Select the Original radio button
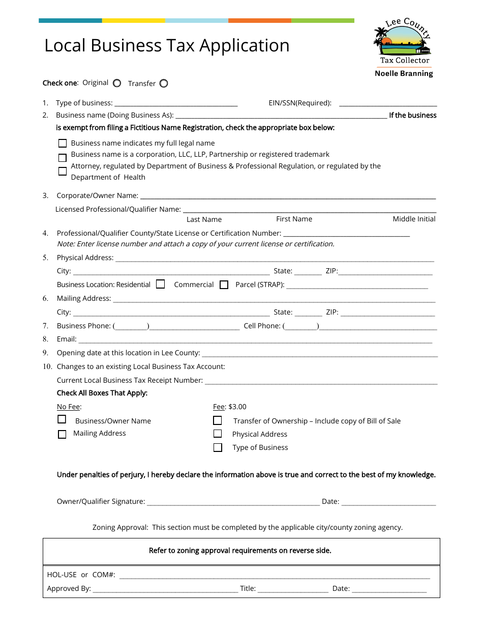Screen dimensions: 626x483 [x=117, y=83]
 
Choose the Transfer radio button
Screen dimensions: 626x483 [x=163, y=83]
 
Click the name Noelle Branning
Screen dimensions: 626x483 [x=404, y=73]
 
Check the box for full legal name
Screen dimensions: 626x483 [x=63, y=144]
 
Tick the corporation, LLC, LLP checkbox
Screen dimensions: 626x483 [x=63, y=158]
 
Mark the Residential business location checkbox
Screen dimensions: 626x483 [x=161, y=284]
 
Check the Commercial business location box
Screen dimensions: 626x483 [x=224, y=285]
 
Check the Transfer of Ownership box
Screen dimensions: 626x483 [x=218, y=420]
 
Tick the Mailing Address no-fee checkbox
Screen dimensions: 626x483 [x=62, y=434]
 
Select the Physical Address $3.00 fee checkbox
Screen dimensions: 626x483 [x=218, y=434]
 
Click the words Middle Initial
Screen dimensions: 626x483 [x=414, y=219]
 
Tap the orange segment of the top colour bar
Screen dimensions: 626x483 [x=259, y=21]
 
